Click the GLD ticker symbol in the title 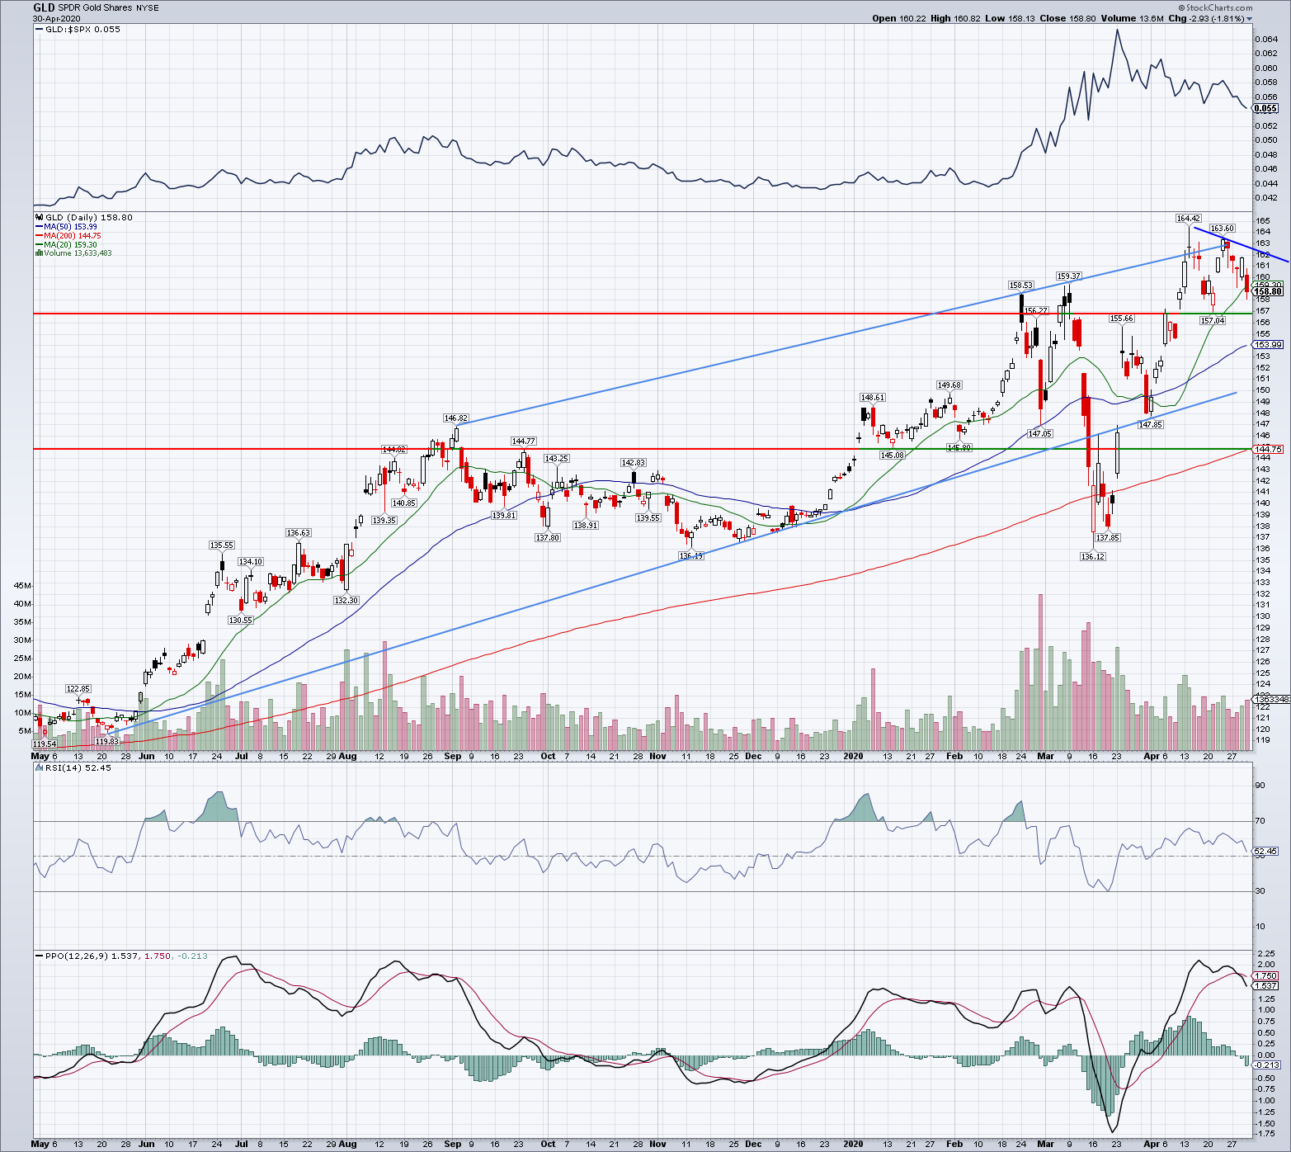tap(44, 7)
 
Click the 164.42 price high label tap(1188, 219)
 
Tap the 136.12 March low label tap(1092, 557)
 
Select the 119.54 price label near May tap(45, 744)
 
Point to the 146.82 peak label tap(455, 418)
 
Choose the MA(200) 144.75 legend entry tap(72, 236)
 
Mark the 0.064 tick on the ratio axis tap(1265, 40)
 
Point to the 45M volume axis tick tap(22, 586)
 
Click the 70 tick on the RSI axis tap(1260, 821)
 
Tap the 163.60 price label tap(1222, 229)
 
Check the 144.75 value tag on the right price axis tap(1267, 450)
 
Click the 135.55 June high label tap(221, 545)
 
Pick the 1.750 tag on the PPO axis tap(1266, 976)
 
